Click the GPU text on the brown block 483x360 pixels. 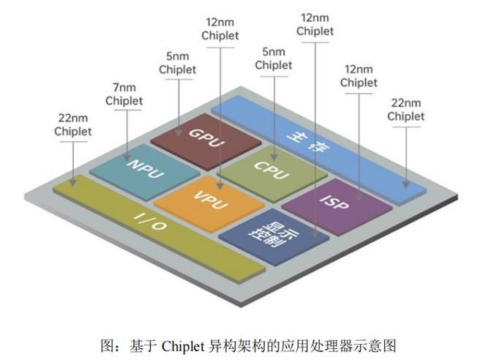click(x=206, y=138)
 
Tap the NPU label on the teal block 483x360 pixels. click(x=146, y=168)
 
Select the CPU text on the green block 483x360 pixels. click(x=272, y=170)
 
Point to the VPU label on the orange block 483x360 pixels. click(x=211, y=200)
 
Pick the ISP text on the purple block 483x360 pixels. click(x=334, y=203)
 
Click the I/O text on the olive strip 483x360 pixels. click(x=151, y=222)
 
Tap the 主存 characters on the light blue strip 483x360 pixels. click(x=308, y=141)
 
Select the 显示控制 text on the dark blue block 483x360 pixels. click(x=273, y=233)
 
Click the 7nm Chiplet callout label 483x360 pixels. click(x=124, y=94)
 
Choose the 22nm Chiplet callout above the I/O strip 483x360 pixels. click(x=72, y=124)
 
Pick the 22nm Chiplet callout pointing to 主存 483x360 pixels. click(x=405, y=110)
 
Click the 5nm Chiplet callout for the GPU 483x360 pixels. click(x=177, y=63)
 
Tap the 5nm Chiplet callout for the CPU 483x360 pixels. click(x=274, y=59)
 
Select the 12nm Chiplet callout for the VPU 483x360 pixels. click(x=220, y=29)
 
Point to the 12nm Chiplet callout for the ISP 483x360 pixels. click(x=359, y=76)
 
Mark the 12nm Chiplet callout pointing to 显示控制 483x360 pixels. click(x=315, y=24)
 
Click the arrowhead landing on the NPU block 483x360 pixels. click(x=127, y=157)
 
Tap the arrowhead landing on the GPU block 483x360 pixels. click(x=179, y=132)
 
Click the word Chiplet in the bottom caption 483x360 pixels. click(x=183, y=346)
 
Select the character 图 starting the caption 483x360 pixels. click(x=108, y=346)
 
